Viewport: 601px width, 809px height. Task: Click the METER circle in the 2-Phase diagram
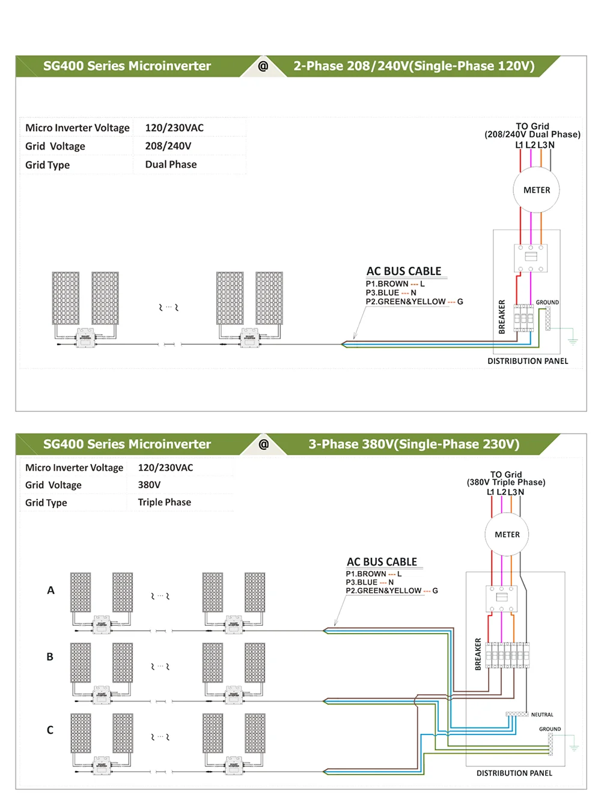(x=536, y=190)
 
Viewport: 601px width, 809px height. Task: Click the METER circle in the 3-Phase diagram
(x=507, y=535)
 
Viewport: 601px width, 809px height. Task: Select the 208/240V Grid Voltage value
(x=168, y=146)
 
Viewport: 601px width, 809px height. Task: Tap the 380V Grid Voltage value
(x=149, y=485)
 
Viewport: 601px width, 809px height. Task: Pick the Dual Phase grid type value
(x=171, y=165)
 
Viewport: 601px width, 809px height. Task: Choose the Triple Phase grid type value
(x=164, y=502)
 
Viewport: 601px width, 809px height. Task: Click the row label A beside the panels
(x=51, y=590)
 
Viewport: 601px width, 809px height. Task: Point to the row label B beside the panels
(x=50, y=657)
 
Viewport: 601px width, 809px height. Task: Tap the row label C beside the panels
(x=50, y=730)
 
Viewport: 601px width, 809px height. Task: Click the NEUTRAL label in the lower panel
(x=542, y=715)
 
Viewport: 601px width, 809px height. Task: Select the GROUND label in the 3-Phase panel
(x=549, y=729)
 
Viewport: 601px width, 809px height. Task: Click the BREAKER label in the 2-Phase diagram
(x=502, y=317)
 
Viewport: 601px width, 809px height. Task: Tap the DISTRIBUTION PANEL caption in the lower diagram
(x=514, y=774)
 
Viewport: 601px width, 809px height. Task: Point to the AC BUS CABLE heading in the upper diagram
(x=404, y=271)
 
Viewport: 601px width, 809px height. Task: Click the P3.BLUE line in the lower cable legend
(x=370, y=582)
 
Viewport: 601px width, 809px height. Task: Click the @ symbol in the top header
(x=263, y=66)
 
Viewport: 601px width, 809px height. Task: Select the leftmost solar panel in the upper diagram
(x=66, y=298)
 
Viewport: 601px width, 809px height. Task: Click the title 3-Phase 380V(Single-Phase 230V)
(x=413, y=444)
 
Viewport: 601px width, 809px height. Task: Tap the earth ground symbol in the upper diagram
(x=573, y=340)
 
